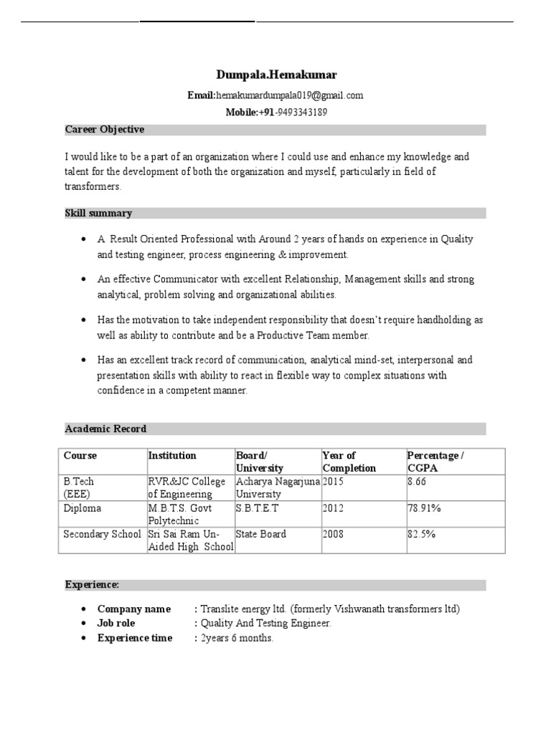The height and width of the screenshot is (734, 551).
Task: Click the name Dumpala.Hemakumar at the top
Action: click(x=276, y=75)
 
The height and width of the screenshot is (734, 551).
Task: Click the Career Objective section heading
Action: click(x=105, y=130)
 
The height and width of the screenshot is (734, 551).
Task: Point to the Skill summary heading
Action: click(x=98, y=214)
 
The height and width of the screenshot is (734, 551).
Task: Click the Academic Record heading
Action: click(x=105, y=429)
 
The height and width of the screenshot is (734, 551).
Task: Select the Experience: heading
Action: click(x=92, y=585)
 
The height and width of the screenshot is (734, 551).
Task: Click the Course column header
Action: click(x=80, y=456)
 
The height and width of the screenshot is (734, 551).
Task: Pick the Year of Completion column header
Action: click(x=349, y=462)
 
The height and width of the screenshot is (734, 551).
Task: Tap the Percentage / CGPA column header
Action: click(x=435, y=462)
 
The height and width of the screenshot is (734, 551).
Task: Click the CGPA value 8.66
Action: click(x=417, y=482)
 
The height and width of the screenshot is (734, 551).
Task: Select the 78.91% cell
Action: click(x=424, y=508)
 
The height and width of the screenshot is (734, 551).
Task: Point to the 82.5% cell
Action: click(x=421, y=534)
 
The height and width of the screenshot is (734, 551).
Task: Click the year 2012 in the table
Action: click(x=333, y=508)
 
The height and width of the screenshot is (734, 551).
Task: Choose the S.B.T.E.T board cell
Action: click(x=257, y=508)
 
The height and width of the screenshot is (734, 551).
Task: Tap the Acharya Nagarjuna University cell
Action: click(x=278, y=487)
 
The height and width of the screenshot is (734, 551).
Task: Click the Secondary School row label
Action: click(x=102, y=534)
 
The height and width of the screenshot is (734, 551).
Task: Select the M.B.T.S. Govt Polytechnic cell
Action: click(x=182, y=514)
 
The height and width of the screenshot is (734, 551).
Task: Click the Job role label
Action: click(x=116, y=624)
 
